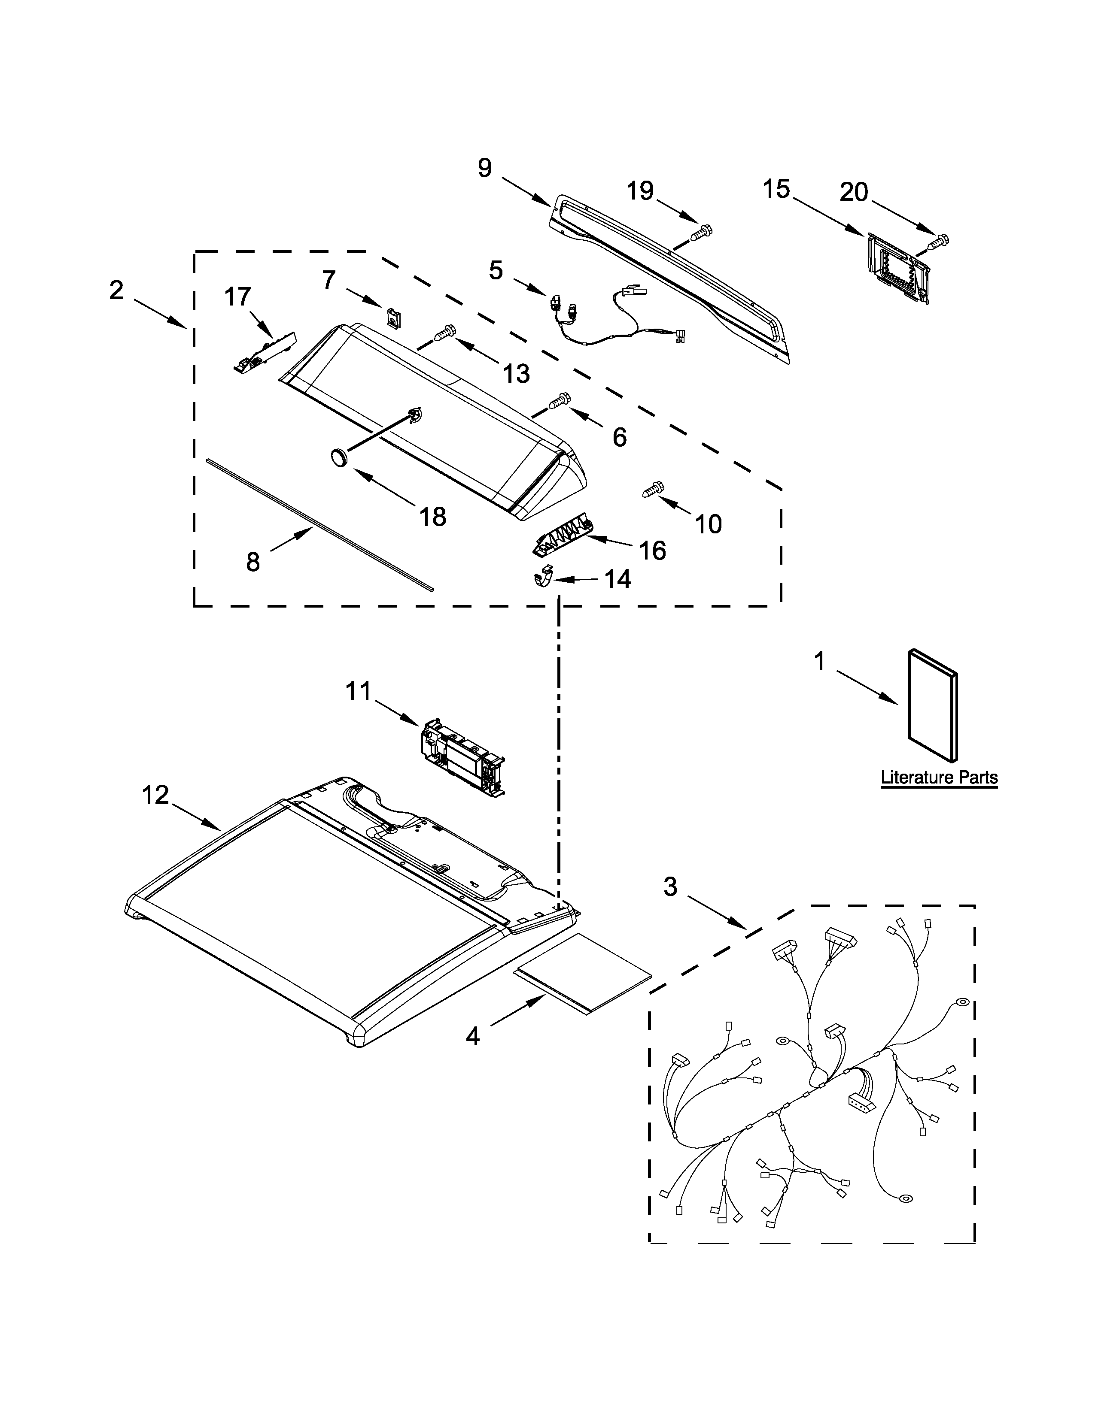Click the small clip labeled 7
point(392,317)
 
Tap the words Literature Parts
point(939,778)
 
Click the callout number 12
point(156,795)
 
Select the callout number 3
point(670,886)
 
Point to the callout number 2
point(116,290)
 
